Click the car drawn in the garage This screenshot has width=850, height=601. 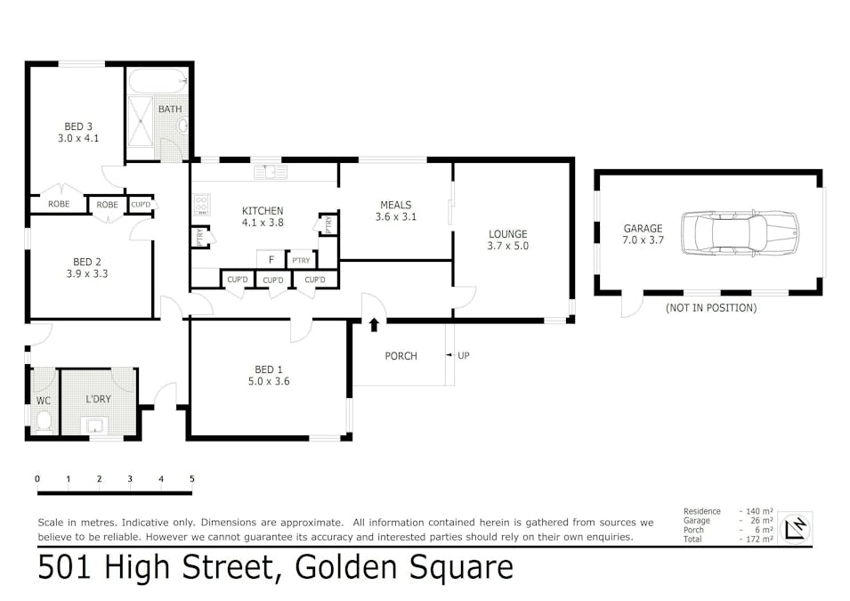740,232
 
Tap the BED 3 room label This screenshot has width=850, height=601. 78,126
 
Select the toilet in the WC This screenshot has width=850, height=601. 44,422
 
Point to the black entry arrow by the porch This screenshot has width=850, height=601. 374,325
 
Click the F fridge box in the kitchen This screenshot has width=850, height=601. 271,260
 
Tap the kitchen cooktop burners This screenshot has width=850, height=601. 201,205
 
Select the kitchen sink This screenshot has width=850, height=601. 271,173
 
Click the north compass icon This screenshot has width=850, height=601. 795,527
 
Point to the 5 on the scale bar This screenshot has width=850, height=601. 192,478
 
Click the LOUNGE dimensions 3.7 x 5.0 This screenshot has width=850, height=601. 507,246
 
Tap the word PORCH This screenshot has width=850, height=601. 401,356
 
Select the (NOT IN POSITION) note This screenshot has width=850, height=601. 710,307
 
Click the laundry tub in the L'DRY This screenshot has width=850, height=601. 95,426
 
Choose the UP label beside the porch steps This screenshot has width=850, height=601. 464,355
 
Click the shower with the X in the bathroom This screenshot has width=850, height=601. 141,121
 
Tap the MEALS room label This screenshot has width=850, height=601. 396,205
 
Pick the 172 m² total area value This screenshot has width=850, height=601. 757,540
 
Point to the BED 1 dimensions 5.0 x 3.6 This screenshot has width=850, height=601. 269,381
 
